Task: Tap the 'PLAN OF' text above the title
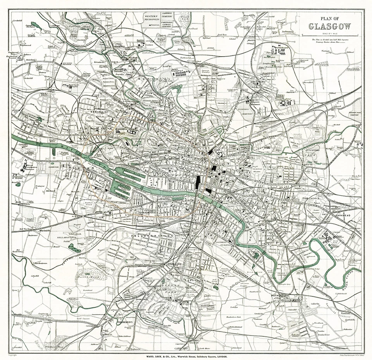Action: tap(330, 18)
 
